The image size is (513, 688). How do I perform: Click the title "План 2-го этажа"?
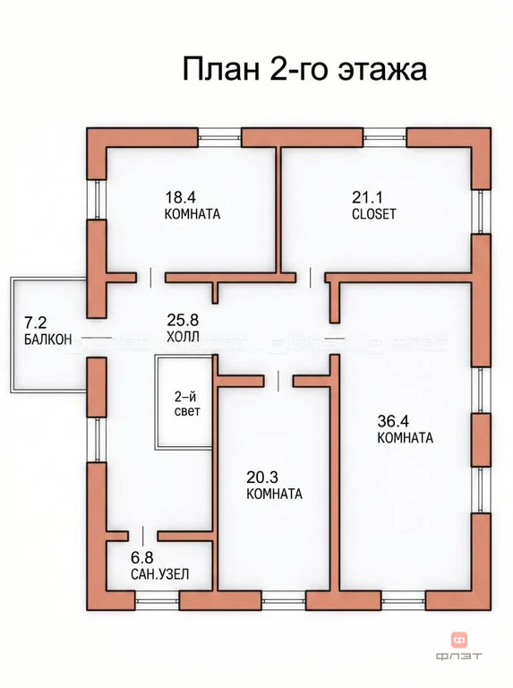pos(304,69)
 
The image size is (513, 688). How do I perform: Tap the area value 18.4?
pos(180,197)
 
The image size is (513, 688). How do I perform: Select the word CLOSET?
pos(374,214)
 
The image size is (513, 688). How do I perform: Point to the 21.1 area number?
pos(367,197)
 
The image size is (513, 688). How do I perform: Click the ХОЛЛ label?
pos(183,337)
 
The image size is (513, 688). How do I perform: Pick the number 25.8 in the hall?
pos(183,320)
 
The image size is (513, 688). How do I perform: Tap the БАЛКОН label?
pos(47,340)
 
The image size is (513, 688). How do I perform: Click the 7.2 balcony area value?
pos(35,322)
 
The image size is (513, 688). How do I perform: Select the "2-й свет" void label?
pos(187,404)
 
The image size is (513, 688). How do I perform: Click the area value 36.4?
pos(393,421)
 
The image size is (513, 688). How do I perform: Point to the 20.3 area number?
pos(262,477)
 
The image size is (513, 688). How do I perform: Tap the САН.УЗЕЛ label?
pos(160,574)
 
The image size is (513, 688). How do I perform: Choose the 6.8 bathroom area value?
pos(142,557)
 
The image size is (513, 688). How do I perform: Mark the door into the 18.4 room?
pos(150,278)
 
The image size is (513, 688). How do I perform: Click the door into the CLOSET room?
pos(311,278)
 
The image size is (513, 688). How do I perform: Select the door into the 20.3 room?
pos(278,381)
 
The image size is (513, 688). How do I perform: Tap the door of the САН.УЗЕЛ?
pos(143,536)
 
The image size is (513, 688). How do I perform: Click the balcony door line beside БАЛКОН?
pos(97,338)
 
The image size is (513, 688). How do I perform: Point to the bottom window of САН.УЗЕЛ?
pos(157,600)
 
